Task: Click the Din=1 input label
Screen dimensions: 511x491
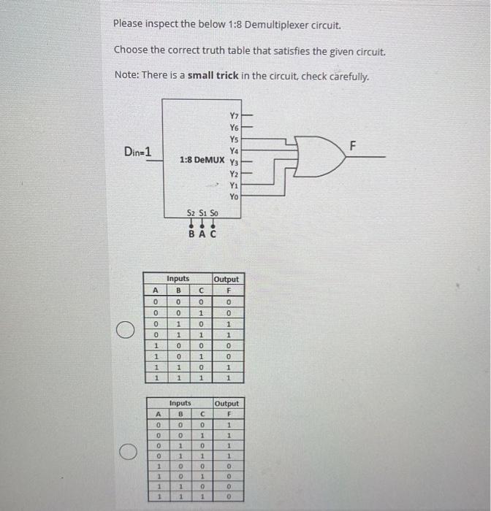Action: click(137, 152)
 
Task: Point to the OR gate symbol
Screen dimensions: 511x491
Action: click(319, 156)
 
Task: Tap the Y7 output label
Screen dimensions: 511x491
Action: click(234, 116)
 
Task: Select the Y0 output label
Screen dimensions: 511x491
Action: click(234, 196)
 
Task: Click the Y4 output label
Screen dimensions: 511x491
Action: click(234, 151)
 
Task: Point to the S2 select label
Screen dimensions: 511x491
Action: click(191, 213)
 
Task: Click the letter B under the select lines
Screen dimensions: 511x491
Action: click(191, 234)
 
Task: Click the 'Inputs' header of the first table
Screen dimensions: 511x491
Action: click(178, 279)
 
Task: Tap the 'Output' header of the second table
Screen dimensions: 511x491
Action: click(227, 403)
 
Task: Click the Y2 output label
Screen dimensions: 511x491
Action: click(234, 174)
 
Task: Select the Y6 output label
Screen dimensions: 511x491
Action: click(234, 128)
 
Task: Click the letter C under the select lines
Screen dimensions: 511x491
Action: click(213, 234)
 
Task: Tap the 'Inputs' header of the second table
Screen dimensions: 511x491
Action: click(180, 403)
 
